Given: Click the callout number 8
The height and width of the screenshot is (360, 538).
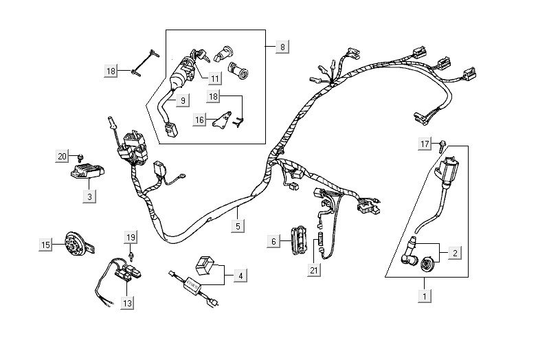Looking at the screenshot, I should point(282,47).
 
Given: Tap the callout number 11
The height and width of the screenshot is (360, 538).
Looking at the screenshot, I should point(215,78).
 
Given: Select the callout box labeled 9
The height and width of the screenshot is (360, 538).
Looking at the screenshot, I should point(183,101).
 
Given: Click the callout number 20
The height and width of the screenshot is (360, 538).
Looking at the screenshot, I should point(62,157).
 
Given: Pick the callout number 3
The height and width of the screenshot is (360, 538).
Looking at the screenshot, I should point(89,196).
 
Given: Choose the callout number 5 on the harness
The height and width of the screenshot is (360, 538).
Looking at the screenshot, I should point(238,225).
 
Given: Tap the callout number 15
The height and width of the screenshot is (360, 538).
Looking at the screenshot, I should point(46,245).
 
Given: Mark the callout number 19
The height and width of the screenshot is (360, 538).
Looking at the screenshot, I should point(131,237).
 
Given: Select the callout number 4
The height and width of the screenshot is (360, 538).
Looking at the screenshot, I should point(239,276).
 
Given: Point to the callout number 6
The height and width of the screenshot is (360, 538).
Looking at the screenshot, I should point(273,241).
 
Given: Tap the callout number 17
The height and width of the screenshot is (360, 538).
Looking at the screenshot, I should point(425,144).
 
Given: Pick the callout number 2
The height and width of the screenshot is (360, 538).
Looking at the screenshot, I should point(454,253).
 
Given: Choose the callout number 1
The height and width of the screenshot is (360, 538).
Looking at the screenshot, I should point(426,297).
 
